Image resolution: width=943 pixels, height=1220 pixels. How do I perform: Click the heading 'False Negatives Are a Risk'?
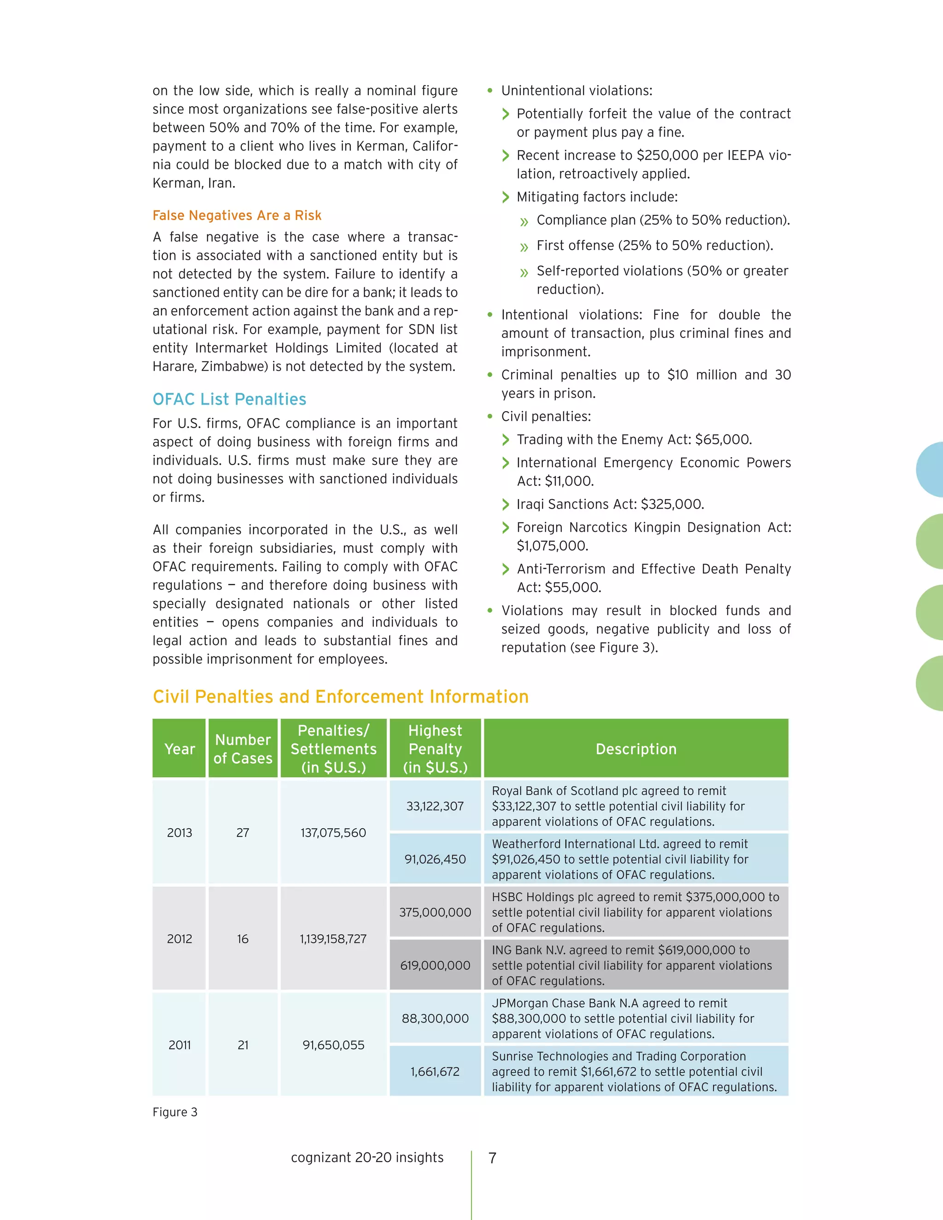(237, 215)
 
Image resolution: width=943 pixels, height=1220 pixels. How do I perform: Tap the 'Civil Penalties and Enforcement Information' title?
(340, 697)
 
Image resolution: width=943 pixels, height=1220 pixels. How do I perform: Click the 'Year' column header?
(179, 749)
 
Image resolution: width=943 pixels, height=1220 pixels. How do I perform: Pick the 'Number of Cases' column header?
(243, 749)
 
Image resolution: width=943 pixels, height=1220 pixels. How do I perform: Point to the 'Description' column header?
(636, 749)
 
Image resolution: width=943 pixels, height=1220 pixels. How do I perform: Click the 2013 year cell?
(179, 832)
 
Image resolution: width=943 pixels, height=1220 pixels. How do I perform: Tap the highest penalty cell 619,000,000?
(435, 965)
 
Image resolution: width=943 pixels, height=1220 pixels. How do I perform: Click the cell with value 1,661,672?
(435, 1071)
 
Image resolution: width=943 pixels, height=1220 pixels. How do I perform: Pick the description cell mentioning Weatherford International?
(636, 859)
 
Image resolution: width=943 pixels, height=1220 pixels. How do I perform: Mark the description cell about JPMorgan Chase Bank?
(636, 1018)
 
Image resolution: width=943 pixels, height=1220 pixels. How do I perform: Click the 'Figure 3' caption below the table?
(175, 1112)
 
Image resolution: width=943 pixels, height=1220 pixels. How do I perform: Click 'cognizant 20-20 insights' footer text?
(367, 1157)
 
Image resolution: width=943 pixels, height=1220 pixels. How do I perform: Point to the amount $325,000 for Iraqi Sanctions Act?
(672, 505)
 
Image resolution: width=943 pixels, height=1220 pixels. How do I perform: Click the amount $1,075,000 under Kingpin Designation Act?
(552, 546)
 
